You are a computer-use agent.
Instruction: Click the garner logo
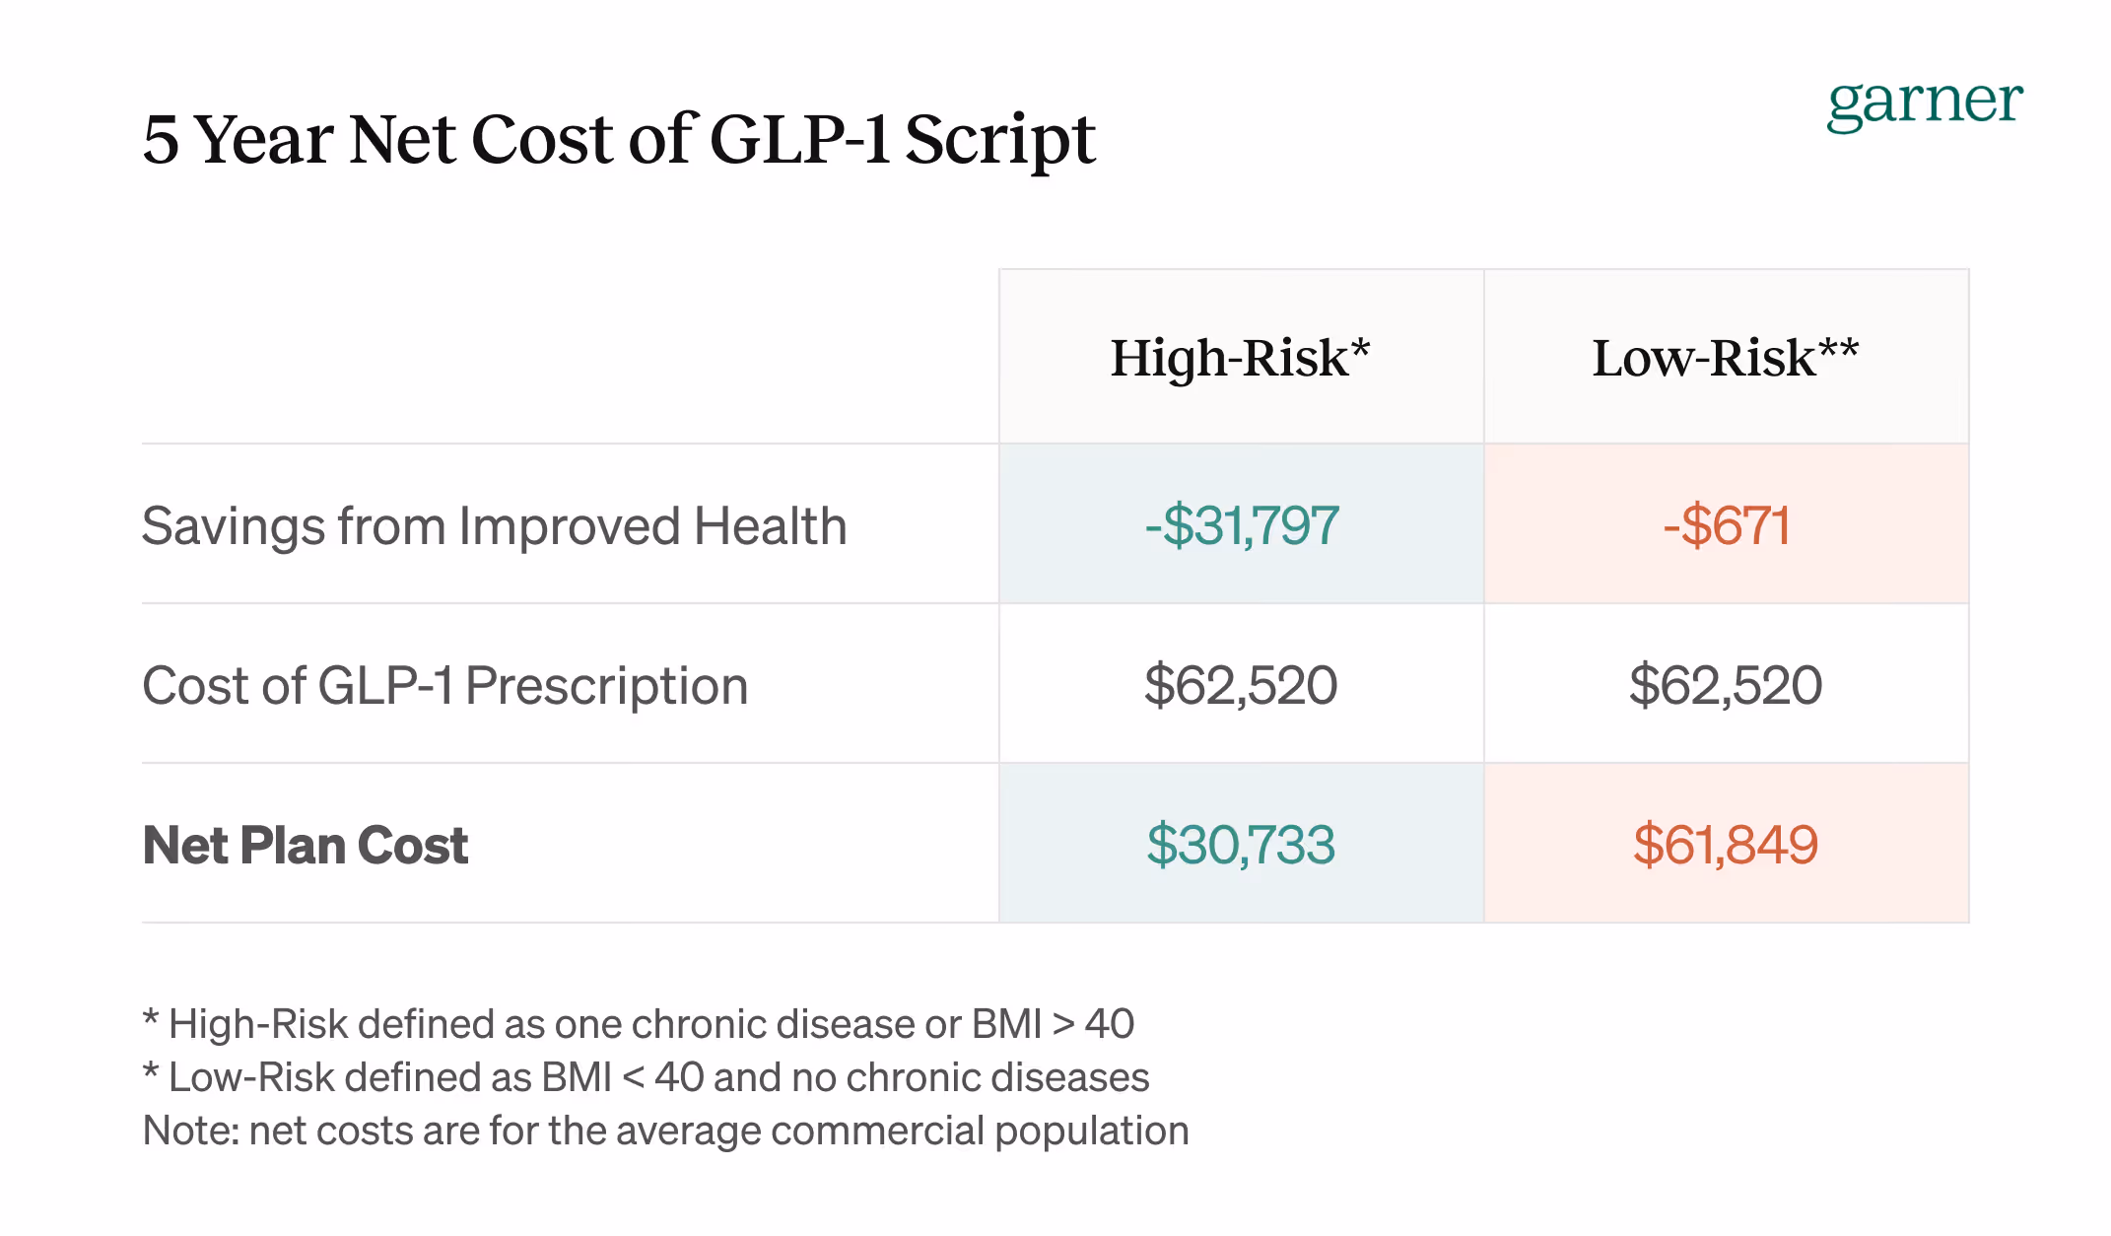(x=1924, y=103)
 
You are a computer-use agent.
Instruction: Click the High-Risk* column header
(x=1240, y=358)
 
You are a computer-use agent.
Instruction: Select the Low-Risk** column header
(x=1725, y=358)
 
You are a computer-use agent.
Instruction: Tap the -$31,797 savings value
(x=1241, y=525)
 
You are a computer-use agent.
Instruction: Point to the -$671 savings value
(x=1726, y=525)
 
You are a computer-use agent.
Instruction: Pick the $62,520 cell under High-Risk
(x=1241, y=685)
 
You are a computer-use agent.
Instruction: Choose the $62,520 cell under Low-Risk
(x=1726, y=685)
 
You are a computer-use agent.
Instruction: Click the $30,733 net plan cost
(x=1241, y=845)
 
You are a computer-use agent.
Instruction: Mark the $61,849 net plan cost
(x=1726, y=845)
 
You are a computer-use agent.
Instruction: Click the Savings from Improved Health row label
(x=494, y=525)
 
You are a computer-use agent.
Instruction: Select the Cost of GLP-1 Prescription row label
(x=444, y=685)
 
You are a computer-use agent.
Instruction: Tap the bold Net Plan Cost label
(x=306, y=845)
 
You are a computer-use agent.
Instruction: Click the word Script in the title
(x=999, y=139)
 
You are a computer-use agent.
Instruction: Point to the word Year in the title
(x=264, y=139)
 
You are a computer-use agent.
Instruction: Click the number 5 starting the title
(x=161, y=139)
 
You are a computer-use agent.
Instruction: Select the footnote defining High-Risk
(x=639, y=1024)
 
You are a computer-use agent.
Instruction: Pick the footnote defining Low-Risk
(x=647, y=1077)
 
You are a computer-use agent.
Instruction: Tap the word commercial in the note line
(x=877, y=1131)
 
